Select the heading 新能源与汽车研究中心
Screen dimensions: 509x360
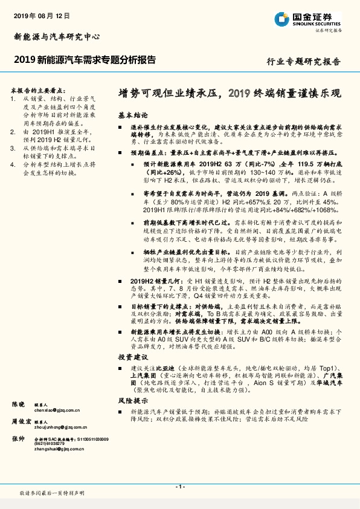click(x=56, y=37)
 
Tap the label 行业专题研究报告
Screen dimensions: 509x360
click(x=303, y=62)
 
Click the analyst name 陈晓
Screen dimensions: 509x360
click(x=19, y=403)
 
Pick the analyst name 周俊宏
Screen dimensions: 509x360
click(x=21, y=421)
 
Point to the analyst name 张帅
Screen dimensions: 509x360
click(x=19, y=439)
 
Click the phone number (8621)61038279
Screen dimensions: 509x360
click(x=52, y=444)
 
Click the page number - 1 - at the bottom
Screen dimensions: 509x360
click(x=179, y=487)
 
